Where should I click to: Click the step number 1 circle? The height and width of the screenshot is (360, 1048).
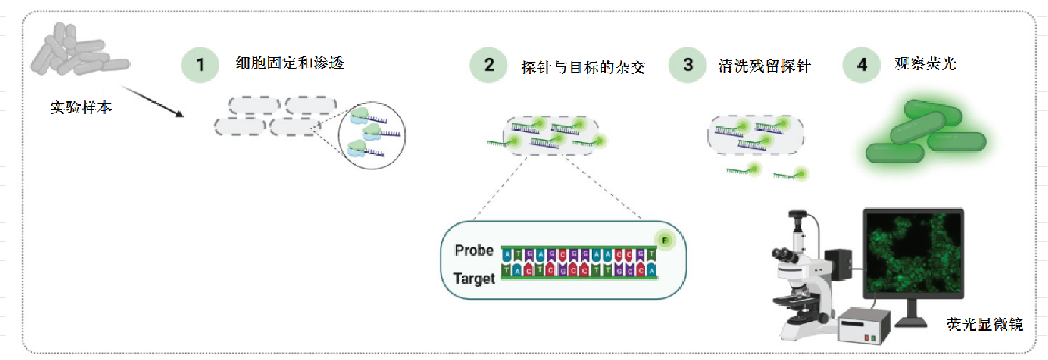[200, 65]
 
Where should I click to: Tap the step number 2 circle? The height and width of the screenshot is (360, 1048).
[489, 65]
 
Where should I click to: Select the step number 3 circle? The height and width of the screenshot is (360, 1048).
[687, 65]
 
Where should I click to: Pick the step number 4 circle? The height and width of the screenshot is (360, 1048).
[861, 65]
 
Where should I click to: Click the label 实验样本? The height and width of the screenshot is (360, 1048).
[81, 107]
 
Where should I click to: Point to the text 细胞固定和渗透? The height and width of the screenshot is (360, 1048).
[289, 63]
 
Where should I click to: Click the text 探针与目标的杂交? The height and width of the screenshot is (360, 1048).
[582, 67]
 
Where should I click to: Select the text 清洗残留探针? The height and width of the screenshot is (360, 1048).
[764, 66]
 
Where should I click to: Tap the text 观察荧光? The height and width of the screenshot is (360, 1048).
[925, 64]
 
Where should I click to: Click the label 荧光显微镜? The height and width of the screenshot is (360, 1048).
[984, 324]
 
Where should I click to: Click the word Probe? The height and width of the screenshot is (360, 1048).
[474, 251]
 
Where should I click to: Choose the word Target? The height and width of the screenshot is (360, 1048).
[474, 279]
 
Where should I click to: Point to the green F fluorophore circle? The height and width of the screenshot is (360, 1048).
[665, 241]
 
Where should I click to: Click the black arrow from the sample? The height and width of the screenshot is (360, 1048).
[152, 101]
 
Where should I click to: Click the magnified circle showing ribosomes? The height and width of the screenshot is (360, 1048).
[372, 136]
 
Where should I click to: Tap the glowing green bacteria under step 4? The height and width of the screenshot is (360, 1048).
[926, 133]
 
